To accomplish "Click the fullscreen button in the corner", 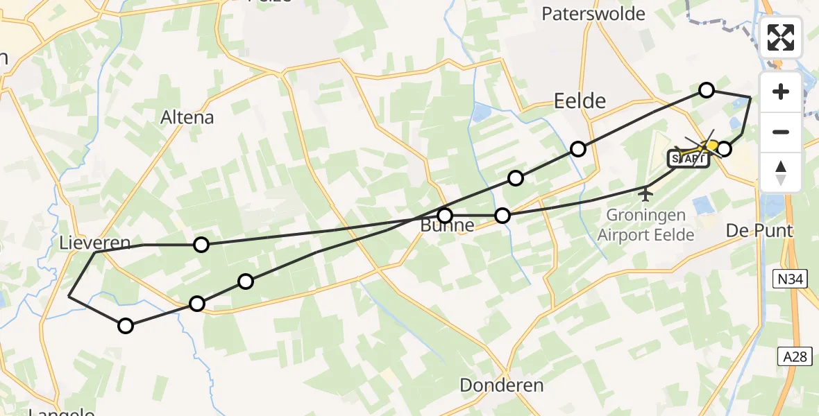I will pos(781,37).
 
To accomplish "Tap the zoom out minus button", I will pos(781,132).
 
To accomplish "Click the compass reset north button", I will pos(781,173).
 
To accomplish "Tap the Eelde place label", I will pos(580,101).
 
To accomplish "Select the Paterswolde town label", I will pos(593,13).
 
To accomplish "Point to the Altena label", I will pos(187,117).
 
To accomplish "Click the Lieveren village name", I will pos(95,243).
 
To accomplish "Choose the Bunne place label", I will pos(448,226).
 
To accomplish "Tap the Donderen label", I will pos(502,385).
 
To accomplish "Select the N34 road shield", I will pos(791,279).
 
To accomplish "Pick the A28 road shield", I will pos(793,356).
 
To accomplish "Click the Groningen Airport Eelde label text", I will pos(645,225).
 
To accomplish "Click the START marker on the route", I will pos(688,159).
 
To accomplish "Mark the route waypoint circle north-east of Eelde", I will pos(707,89).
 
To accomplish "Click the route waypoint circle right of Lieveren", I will pos(201,244).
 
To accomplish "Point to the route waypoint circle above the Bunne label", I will pos(445,215).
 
